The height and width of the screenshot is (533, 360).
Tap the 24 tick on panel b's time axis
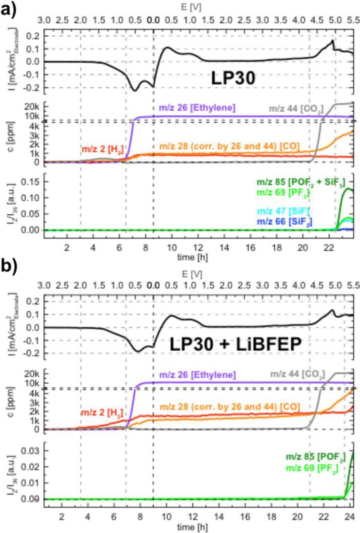pyautogui.click(x=350, y=514)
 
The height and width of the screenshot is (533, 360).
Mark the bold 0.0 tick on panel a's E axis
pyautogui.click(x=153, y=20)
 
